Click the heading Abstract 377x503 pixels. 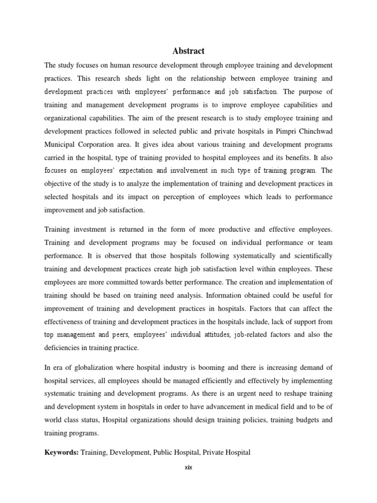188,51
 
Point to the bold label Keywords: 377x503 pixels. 61,452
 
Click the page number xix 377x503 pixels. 188,467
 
